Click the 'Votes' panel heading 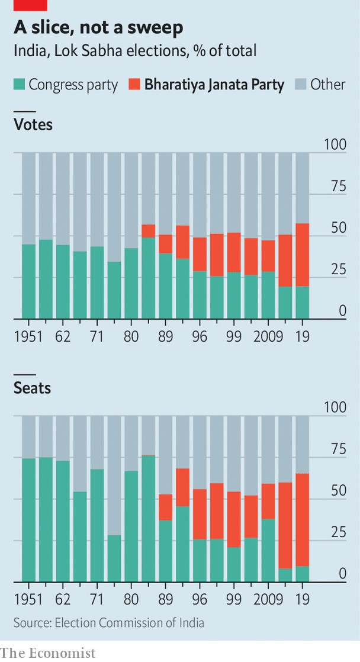coord(33,125)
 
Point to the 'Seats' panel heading coord(33,388)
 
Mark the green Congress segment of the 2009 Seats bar coord(268,550)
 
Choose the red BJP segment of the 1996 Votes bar coord(200,254)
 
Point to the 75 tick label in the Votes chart coord(337,186)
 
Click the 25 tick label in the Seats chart coord(337,532)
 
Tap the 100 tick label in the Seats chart coord(335,407)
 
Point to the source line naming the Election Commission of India coord(109,622)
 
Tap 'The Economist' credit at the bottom coord(48,653)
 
